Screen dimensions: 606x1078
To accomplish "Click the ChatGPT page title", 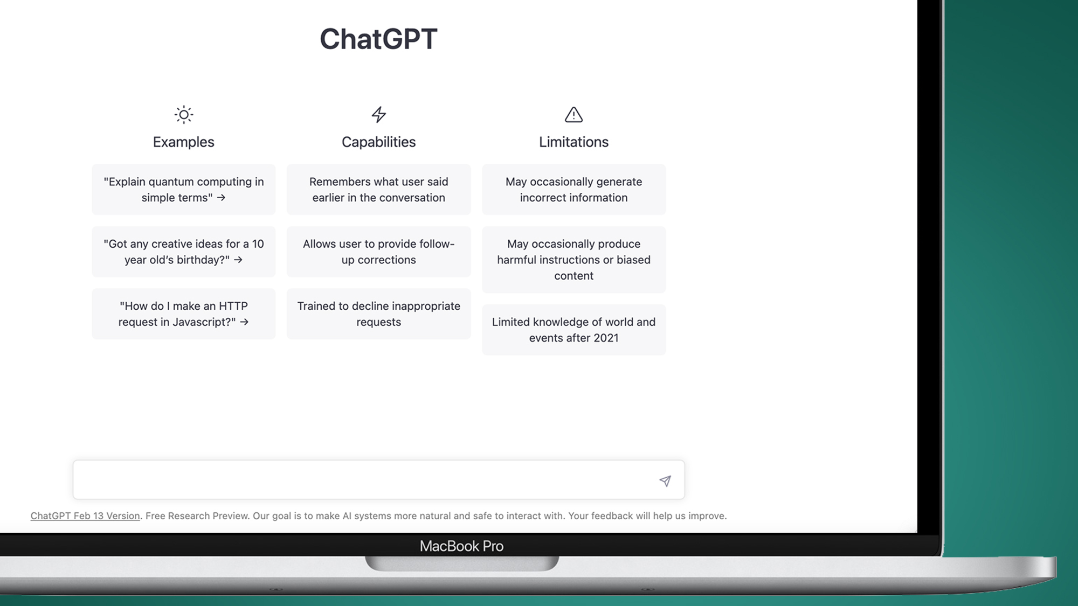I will (378, 39).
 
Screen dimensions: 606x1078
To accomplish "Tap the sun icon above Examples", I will (184, 114).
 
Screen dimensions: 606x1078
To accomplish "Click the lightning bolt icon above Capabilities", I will (379, 114).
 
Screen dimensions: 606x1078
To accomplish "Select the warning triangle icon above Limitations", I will (573, 114).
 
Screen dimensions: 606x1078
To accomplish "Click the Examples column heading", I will (184, 142).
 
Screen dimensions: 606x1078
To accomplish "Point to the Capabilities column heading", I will (379, 142).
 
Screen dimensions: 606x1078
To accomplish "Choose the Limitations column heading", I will (573, 142).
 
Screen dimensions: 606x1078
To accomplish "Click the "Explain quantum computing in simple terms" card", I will (184, 190).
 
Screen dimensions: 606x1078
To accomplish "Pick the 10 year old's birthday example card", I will (184, 252).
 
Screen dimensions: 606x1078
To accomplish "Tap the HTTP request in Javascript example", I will (184, 314).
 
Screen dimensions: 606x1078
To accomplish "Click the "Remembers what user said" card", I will (379, 190).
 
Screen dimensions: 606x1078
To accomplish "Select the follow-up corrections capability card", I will (379, 252).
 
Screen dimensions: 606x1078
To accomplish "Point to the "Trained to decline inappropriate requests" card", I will (379, 314).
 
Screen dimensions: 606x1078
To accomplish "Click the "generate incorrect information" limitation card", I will (573, 190).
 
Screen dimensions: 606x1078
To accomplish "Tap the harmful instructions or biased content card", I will (573, 260).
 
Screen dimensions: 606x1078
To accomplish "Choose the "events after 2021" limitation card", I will (573, 330).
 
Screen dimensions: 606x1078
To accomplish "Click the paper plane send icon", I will (665, 480).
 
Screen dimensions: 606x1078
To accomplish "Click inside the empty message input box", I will (361, 480).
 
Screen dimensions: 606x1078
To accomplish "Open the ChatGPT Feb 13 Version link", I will (85, 516).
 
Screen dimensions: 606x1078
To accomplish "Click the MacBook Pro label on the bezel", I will (461, 546).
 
